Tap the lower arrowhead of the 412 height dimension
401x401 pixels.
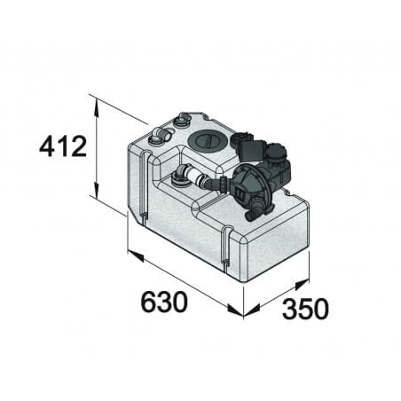click(96, 193)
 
